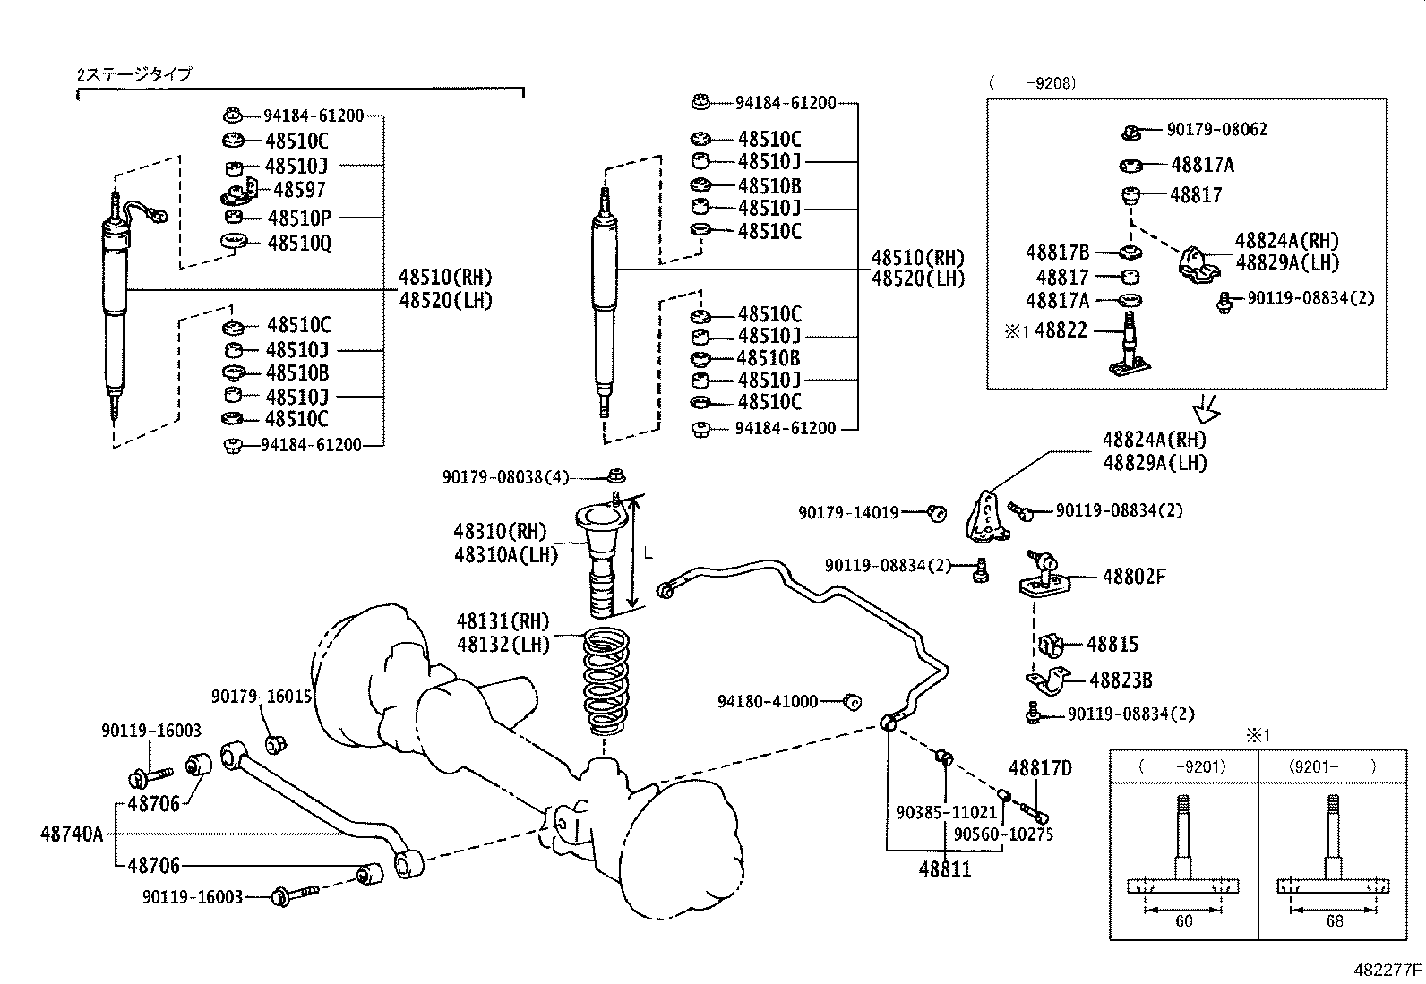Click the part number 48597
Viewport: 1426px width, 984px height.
pos(299,190)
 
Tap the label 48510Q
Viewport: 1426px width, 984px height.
pos(299,244)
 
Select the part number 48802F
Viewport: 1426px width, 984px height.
pos(1134,577)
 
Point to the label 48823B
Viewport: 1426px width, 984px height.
pos(1121,680)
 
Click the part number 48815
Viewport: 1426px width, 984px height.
pos(1112,644)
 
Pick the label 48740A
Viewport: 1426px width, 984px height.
pos(72,834)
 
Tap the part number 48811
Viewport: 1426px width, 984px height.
pos(945,868)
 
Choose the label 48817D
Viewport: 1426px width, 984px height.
pos(1040,768)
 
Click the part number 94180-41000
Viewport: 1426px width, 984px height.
pos(768,701)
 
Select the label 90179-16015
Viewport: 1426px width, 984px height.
pos(262,697)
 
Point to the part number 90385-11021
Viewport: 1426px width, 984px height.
pos(946,812)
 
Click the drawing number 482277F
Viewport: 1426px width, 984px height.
pos(1387,970)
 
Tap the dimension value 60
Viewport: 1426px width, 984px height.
pos(1183,921)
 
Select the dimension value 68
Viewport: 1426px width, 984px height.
pos(1335,921)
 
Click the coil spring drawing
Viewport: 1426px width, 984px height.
pos(606,681)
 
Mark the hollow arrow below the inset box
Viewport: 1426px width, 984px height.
pos(1207,408)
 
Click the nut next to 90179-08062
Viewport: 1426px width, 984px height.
pos(1131,133)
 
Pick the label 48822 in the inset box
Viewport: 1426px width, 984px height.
pos(1061,330)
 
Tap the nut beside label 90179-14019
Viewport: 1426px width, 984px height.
pos(936,512)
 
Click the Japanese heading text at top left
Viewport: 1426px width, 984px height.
pos(133,74)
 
